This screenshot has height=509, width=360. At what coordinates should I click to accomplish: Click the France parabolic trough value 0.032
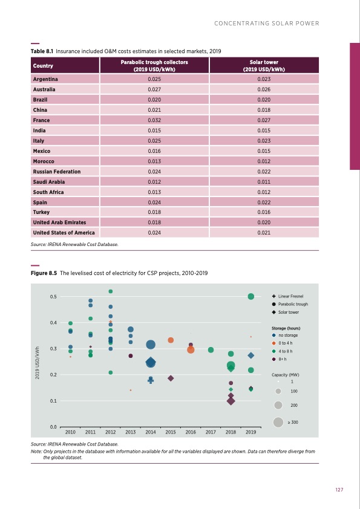tap(154, 120)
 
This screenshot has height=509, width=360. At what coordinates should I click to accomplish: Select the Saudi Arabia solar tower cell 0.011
tap(264, 182)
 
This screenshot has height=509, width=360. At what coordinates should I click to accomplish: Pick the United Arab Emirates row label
tap(59, 222)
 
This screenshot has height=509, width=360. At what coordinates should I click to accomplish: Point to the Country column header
tap(43, 66)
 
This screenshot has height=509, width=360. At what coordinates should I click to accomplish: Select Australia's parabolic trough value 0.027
tap(154, 89)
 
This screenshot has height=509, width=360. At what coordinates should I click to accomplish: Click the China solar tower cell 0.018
tap(264, 110)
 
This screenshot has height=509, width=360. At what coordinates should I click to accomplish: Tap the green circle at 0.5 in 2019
tap(251, 296)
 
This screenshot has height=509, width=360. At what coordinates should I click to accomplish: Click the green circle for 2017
tap(211, 350)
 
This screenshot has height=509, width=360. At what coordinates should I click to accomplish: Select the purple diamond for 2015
tap(171, 378)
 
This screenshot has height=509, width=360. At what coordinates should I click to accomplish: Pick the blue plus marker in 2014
tap(151, 381)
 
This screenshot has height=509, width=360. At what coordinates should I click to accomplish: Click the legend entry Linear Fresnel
tap(290, 297)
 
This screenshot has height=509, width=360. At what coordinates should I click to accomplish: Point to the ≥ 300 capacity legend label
tap(294, 422)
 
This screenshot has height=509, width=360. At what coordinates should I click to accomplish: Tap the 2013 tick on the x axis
tap(131, 433)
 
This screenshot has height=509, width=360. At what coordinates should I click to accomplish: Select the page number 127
tap(339, 490)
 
